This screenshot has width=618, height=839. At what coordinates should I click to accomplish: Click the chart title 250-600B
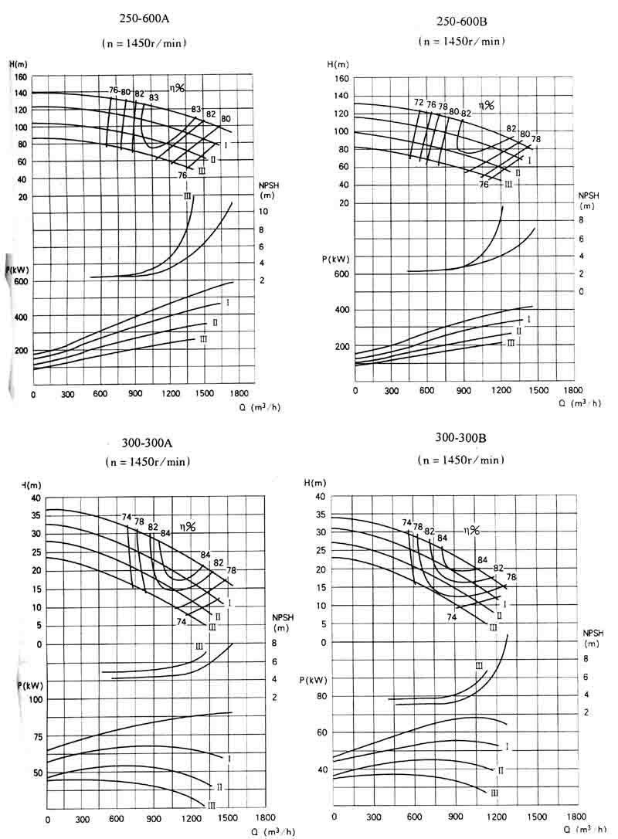pos(460,19)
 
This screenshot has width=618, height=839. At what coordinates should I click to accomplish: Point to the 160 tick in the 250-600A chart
pos(19,77)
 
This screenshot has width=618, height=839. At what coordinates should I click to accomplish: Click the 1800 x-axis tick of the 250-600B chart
pos(573,390)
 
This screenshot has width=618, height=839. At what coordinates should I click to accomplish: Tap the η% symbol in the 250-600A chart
pos(177,88)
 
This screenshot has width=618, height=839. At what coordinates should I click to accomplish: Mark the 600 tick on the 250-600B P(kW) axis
pos(341,274)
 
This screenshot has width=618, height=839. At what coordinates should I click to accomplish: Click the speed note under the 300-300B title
pos(460,460)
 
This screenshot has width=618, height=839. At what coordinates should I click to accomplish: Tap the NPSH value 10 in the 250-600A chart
pos(263,212)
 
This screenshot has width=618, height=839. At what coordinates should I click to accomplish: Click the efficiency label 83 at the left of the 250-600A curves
pos(154,97)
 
